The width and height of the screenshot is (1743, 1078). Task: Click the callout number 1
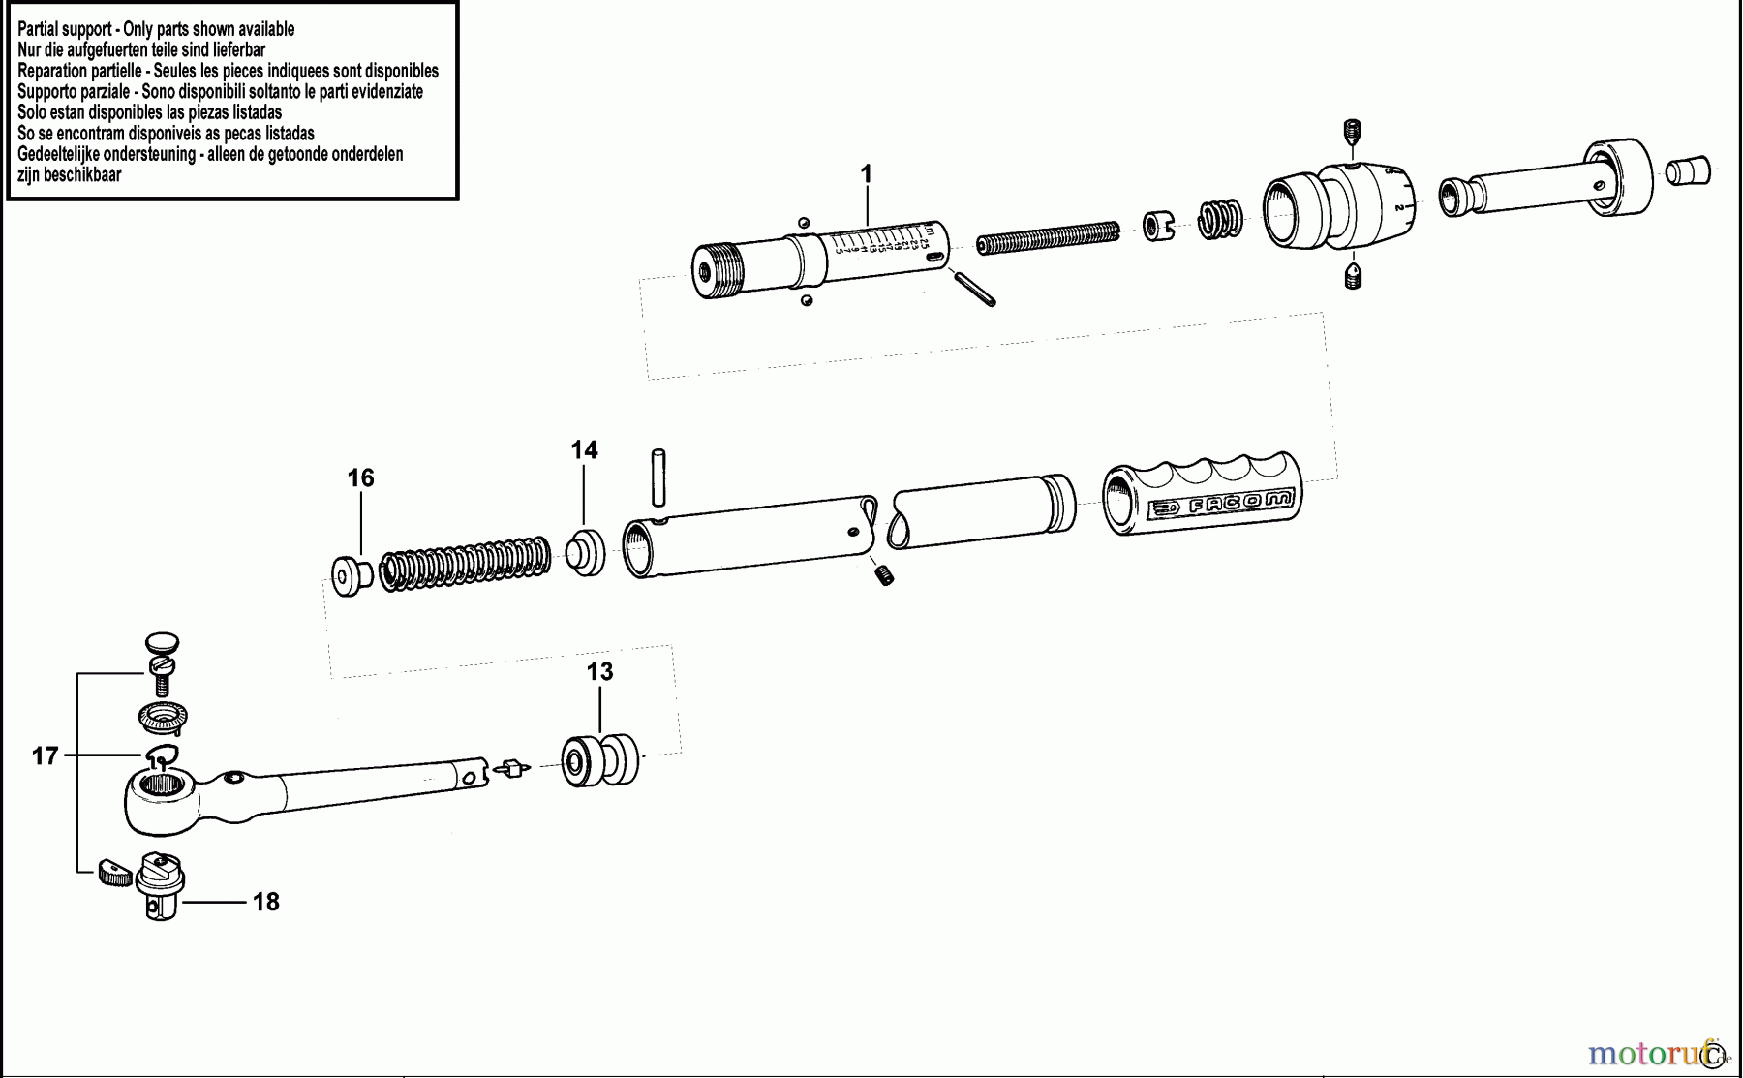click(866, 174)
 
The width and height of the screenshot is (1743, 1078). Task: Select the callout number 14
click(584, 450)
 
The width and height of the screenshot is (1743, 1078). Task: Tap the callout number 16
click(360, 478)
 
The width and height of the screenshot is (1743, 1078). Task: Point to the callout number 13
click(599, 672)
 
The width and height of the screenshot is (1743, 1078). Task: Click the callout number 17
click(46, 756)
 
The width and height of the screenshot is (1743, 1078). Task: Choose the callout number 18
click(265, 903)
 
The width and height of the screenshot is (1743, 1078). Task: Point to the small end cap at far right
click(1688, 171)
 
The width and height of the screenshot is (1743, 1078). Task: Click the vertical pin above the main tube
click(658, 477)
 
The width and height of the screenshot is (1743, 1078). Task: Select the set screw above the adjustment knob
click(1354, 132)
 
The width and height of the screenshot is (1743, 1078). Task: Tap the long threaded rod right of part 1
click(1048, 238)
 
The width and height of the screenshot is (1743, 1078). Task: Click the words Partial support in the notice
click(64, 29)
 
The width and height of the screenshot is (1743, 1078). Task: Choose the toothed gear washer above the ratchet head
click(164, 718)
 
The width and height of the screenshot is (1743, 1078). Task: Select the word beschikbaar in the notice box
click(84, 175)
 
